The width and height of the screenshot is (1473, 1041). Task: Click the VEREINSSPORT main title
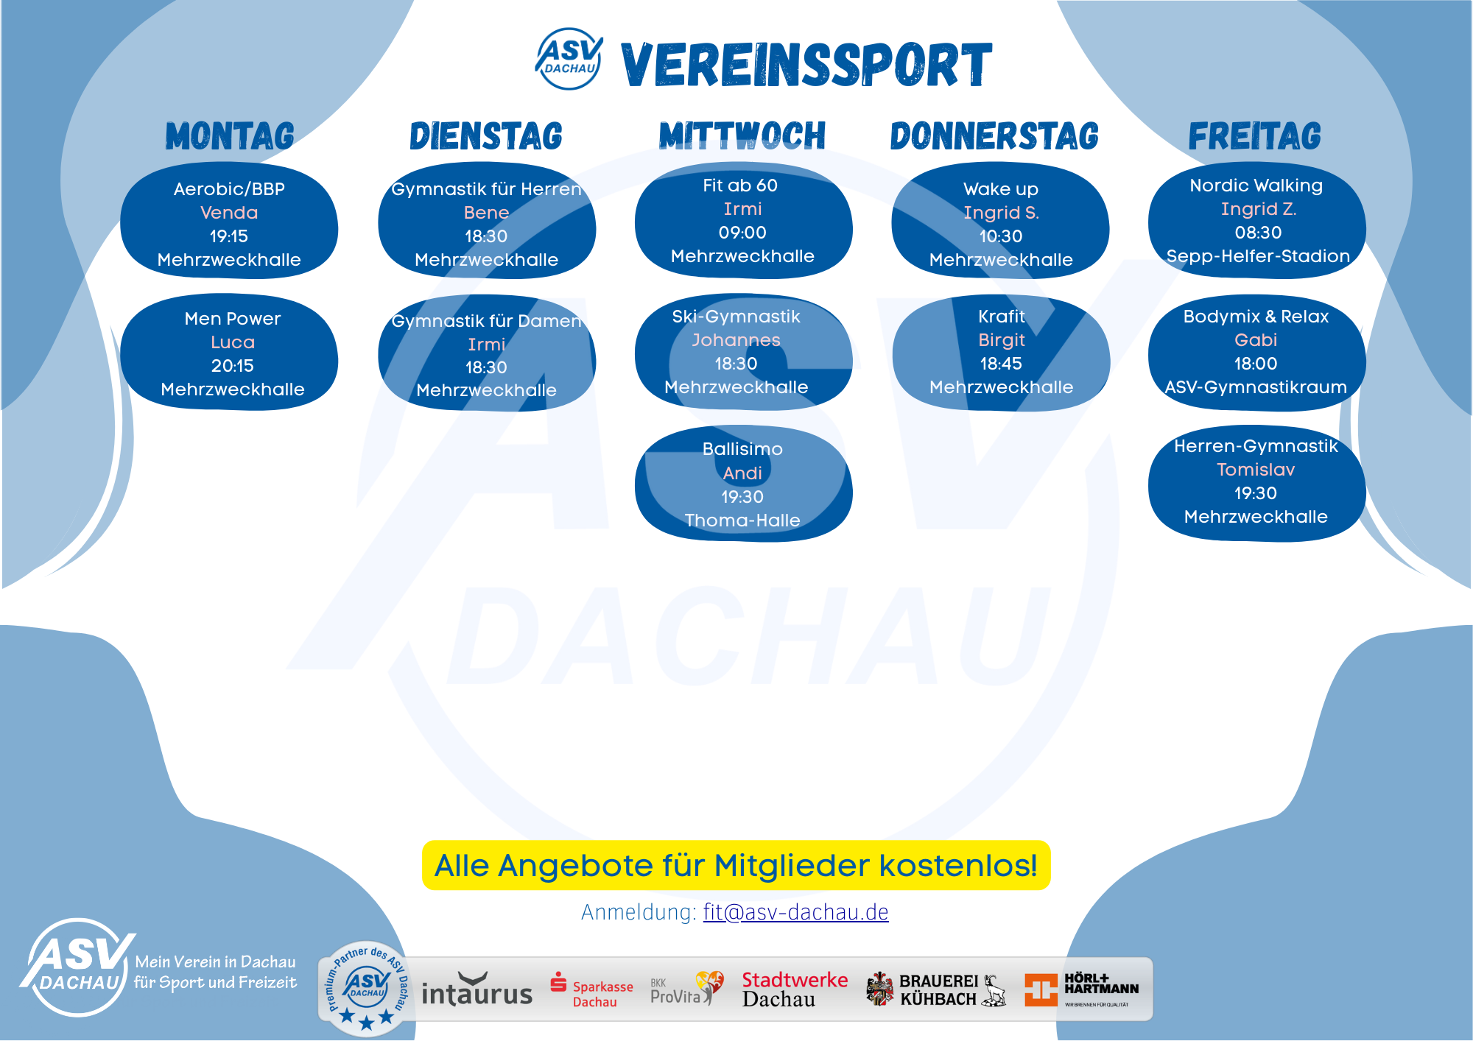806,65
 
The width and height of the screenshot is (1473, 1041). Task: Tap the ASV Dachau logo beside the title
569,59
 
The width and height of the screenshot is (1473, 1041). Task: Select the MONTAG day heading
230,136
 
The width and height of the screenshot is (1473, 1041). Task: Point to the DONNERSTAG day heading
994,136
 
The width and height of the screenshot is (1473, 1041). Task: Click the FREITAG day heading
1255,136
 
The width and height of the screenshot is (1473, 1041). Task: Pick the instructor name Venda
229,213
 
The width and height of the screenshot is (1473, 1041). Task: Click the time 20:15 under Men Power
233,366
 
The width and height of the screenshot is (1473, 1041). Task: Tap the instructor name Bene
486,213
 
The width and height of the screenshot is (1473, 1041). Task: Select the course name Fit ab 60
740,186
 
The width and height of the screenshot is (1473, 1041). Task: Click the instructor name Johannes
736,340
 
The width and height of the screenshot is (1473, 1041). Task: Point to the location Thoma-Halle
742,520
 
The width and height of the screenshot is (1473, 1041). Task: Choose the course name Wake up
1001,190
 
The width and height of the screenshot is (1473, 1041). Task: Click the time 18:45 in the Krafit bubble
1001,364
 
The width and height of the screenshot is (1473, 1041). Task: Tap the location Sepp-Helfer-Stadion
1258,256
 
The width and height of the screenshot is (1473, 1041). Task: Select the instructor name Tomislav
1256,470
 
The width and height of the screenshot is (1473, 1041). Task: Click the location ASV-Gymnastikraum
1256,387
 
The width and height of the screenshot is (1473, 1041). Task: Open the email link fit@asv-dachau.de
796,912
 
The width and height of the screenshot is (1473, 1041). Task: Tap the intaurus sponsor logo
477,990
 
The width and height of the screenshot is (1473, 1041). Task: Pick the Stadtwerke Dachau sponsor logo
795,989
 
